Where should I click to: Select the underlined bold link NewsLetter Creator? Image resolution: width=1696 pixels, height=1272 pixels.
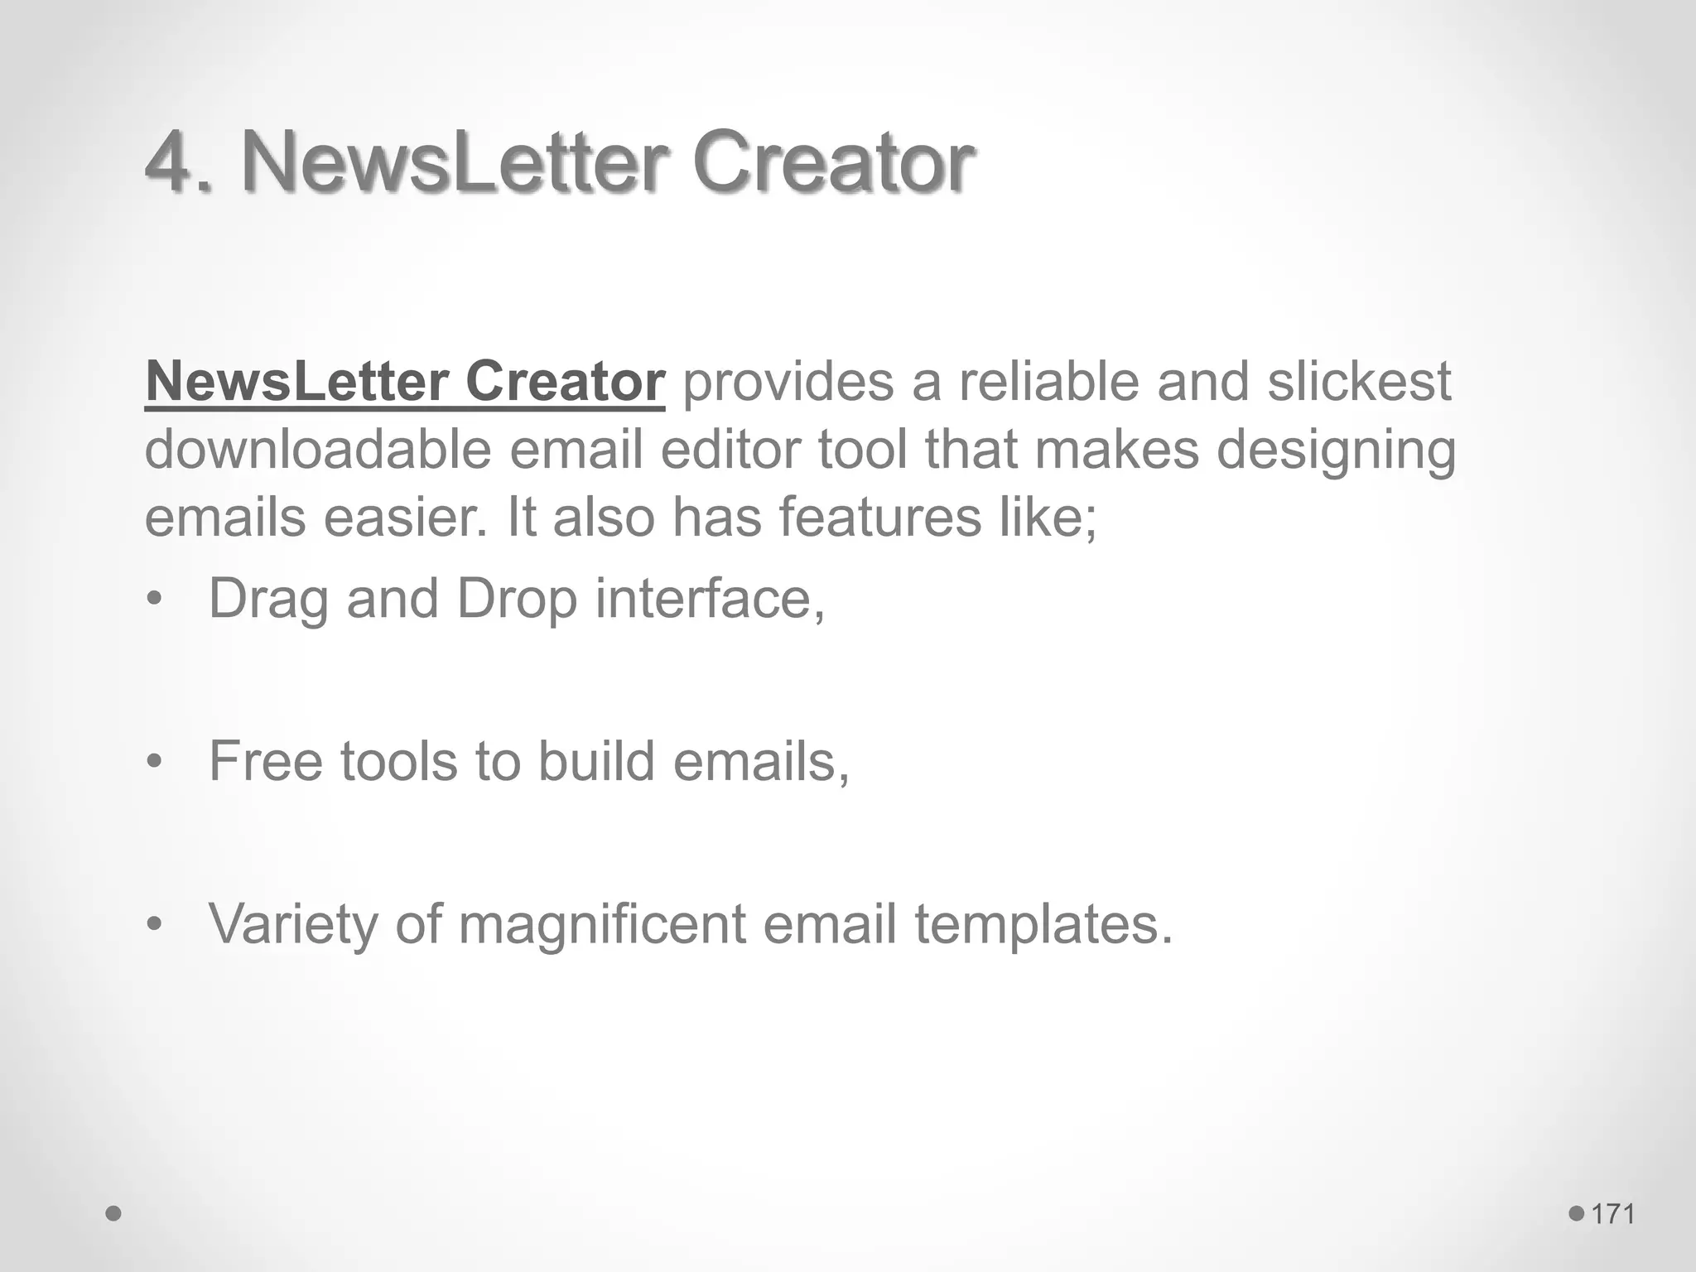tap(405, 382)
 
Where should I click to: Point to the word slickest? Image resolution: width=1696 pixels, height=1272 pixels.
tap(1359, 382)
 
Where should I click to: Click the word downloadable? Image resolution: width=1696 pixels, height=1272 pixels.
tap(318, 450)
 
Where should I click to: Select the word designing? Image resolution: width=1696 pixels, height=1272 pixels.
tap(1336, 451)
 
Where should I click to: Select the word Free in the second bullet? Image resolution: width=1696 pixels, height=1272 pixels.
tap(265, 761)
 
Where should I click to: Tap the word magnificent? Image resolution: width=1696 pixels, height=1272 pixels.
tap(602, 925)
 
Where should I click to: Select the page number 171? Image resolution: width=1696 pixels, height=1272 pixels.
tap(1613, 1214)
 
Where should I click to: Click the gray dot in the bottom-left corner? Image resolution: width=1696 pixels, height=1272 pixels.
tap(114, 1214)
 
